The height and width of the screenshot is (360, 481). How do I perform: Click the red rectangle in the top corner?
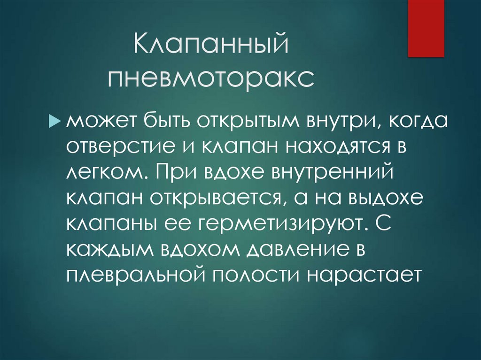(426, 28)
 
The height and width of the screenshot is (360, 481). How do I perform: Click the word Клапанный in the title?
(210, 48)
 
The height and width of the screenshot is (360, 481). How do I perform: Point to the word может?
(97, 123)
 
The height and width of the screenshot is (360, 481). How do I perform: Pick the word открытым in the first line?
(249, 123)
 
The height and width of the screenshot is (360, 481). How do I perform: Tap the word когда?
(417, 123)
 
